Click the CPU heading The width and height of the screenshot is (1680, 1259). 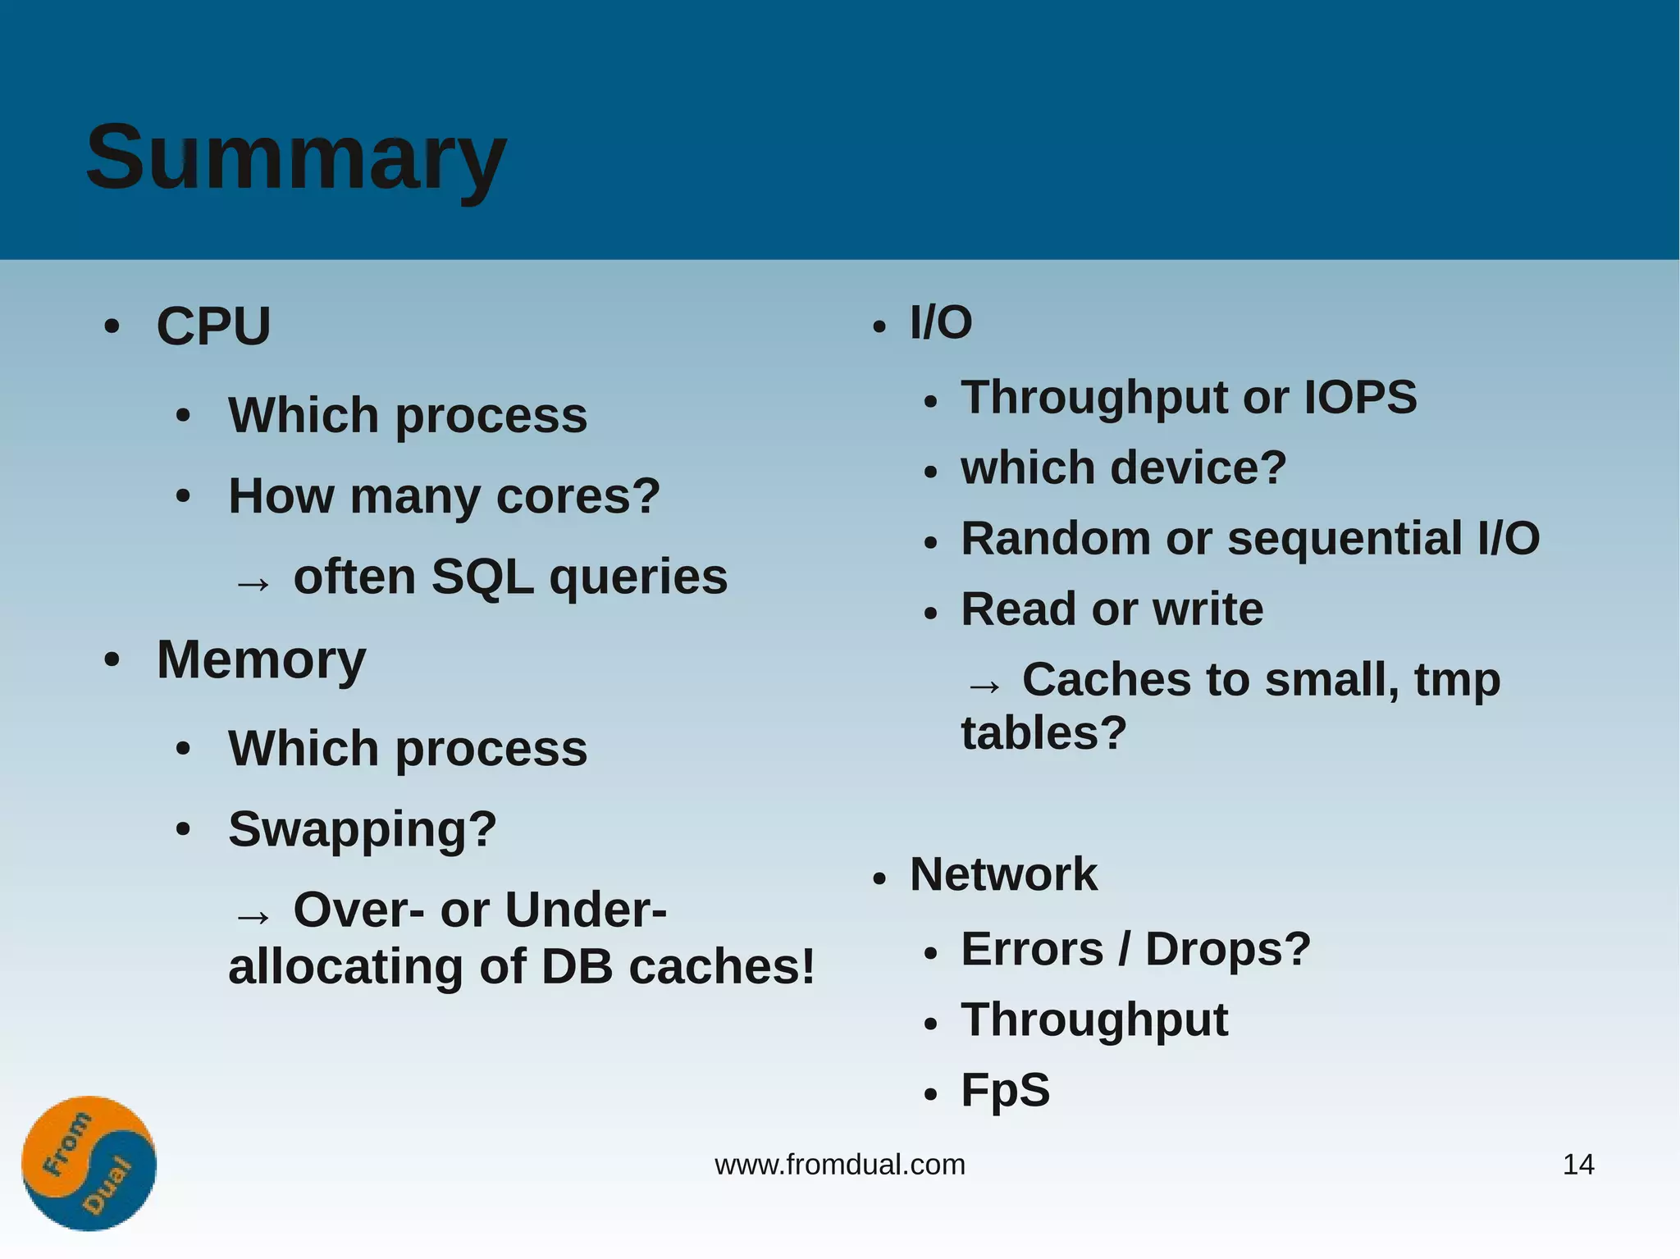pyautogui.click(x=213, y=326)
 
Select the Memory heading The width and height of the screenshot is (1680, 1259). pyautogui.click(x=261, y=660)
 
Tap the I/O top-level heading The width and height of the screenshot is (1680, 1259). pyautogui.click(x=940, y=322)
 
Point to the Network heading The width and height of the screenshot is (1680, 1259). pyautogui.click(x=1002, y=874)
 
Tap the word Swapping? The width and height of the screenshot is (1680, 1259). pyautogui.click(x=363, y=830)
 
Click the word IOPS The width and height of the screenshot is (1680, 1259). pyautogui.click(x=1360, y=398)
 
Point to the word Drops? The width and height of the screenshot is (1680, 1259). pyautogui.click(x=1227, y=950)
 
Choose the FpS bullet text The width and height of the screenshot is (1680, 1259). pyautogui.click(x=1005, y=1091)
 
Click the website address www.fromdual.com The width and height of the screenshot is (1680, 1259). pyautogui.click(x=840, y=1165)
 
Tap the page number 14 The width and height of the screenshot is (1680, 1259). pyautogui.click(x=1578, y=1165)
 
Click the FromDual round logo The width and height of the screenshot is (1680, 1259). pyautogui.click(x=89, y=1163)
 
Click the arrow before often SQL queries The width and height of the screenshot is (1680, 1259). pyautogui.click(x=252, y=583)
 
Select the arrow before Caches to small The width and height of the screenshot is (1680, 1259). pyautogui.click(x=984, y=686)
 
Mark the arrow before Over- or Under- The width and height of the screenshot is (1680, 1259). pyautogui.click(x=252, y=916)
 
